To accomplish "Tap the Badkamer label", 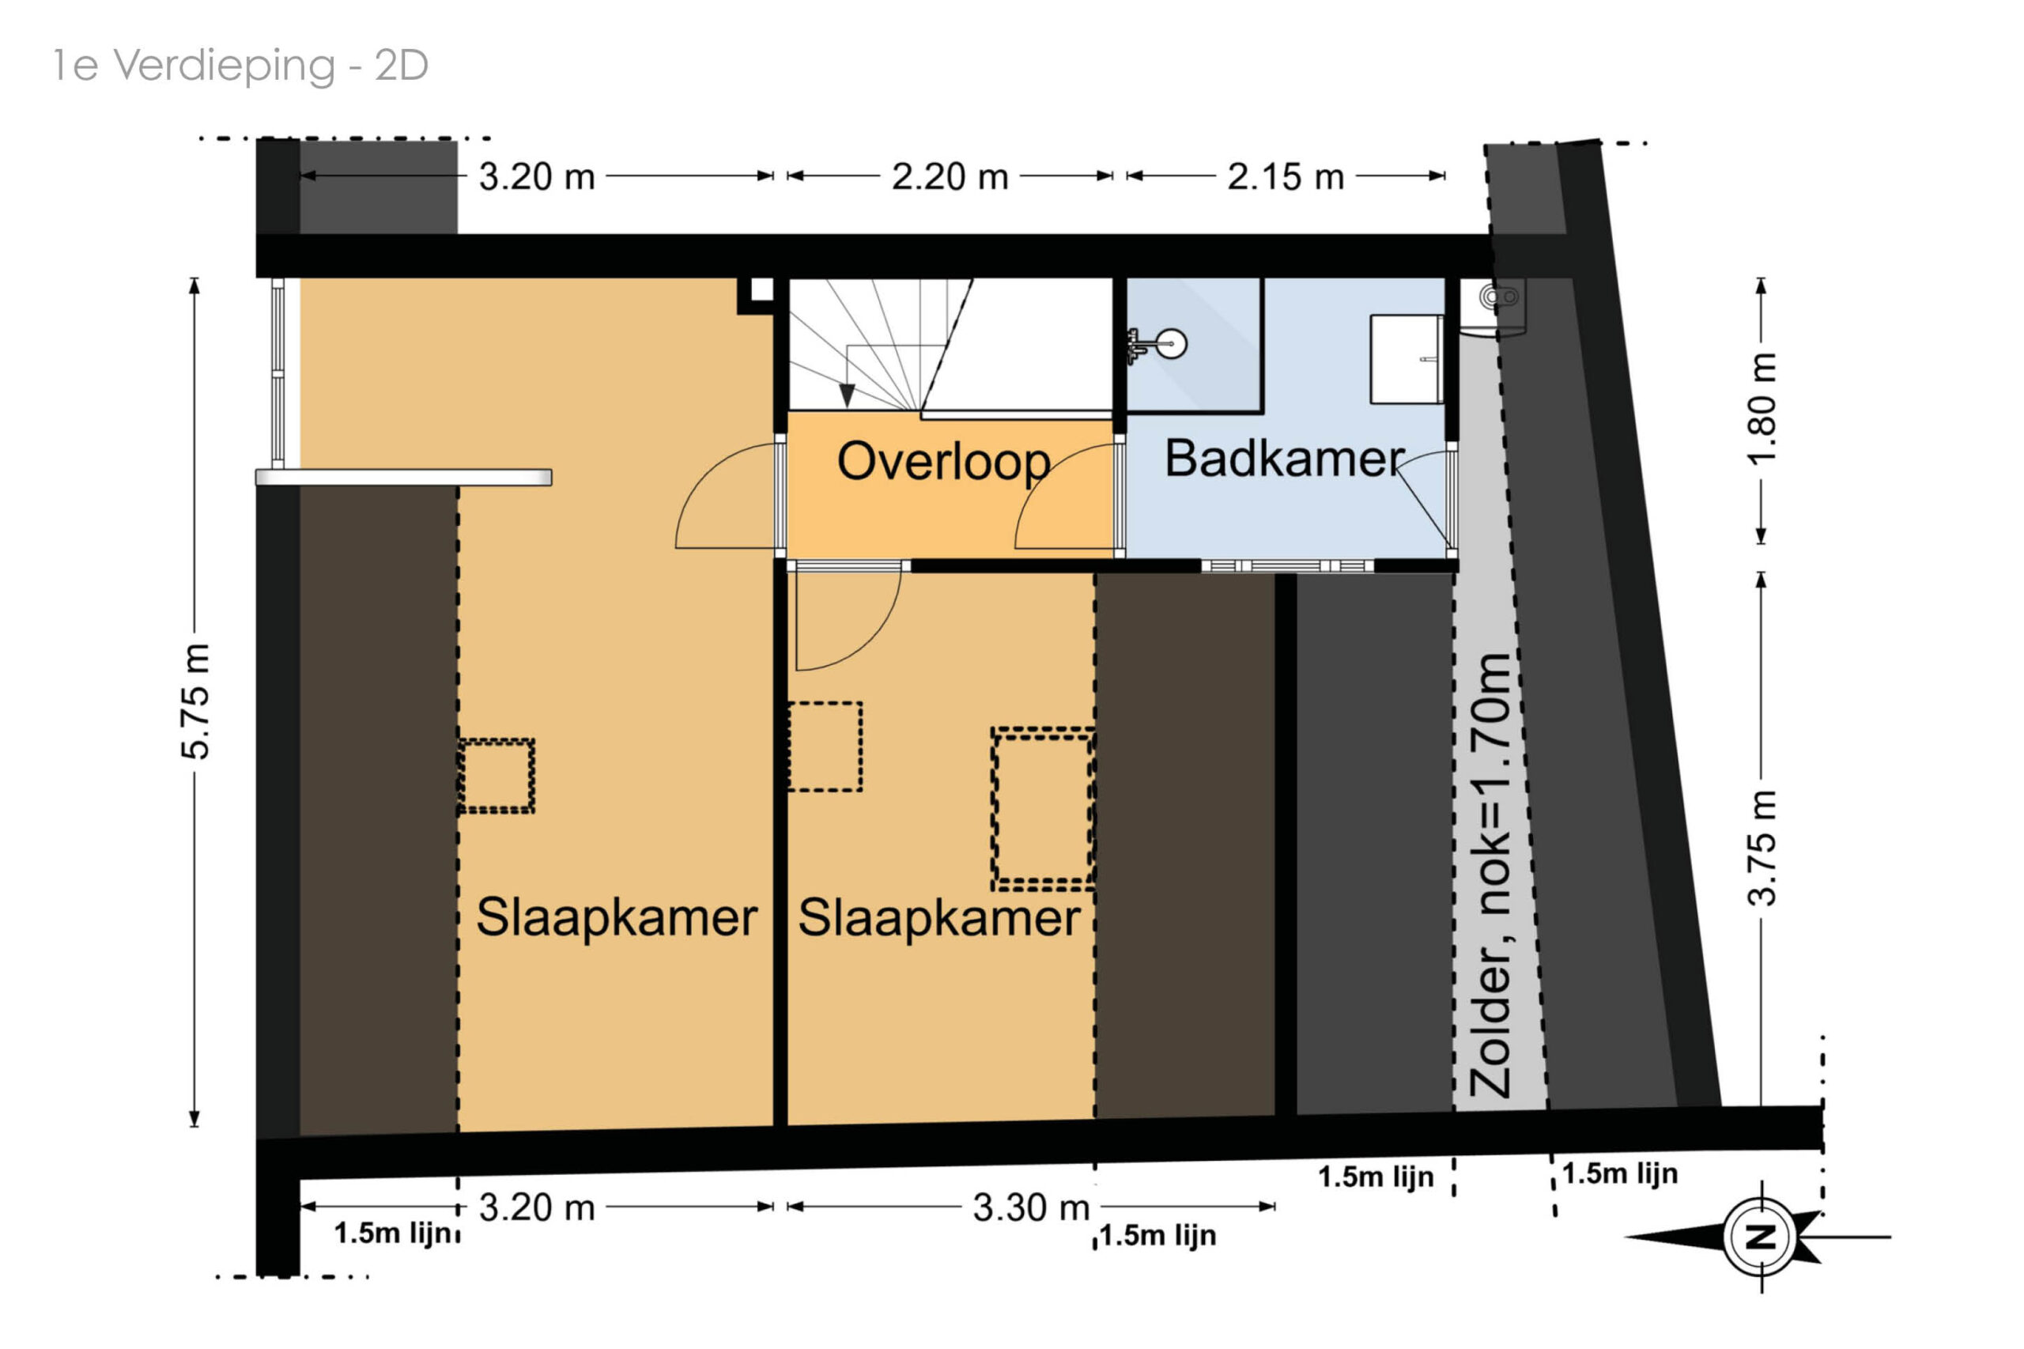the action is [x=1283, y=458].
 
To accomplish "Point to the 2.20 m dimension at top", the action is [x=950, y=177].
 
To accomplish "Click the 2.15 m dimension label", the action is [x=1285, y=177].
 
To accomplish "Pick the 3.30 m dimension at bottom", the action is [x=1031, y=1207].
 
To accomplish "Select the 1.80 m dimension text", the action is [x=1761, y=409].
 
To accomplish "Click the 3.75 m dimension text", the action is [x=1761, y=848].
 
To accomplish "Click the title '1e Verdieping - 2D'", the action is [x=241, y=66].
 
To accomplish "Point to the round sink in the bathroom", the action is [x=1171, y=344].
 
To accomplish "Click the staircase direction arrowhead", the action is [x=848, y=395].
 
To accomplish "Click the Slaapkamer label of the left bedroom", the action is [x=617, y=917].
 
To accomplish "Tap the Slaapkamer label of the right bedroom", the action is [x=938, y=917].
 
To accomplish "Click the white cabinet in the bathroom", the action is [x=1407, y=359].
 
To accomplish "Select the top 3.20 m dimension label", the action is [x=537, y=177].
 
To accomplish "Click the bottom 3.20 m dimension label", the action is [x=537, y=1207].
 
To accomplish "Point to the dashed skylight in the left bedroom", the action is [x=496, y=775].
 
